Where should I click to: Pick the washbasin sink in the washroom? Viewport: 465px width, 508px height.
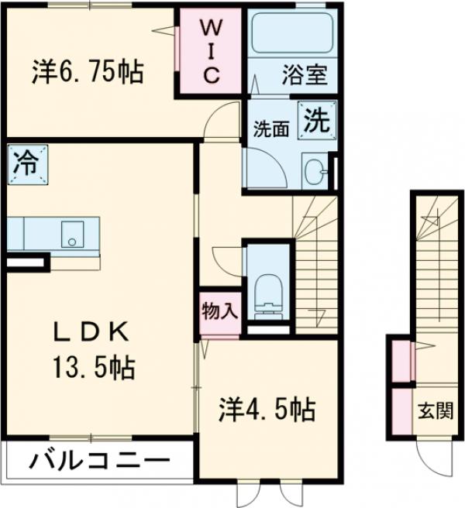315,172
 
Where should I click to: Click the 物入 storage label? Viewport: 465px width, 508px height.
219,311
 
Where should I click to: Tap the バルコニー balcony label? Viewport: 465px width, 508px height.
99,463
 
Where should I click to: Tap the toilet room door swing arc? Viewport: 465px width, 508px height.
226,259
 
